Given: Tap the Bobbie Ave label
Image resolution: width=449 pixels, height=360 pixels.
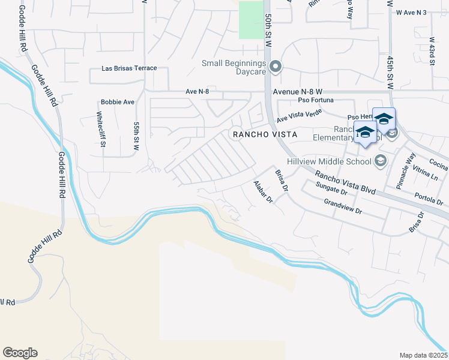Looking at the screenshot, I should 118,102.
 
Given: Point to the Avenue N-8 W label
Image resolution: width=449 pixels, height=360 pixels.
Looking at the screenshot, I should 299,92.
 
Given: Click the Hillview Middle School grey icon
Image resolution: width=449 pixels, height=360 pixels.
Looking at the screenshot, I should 380,160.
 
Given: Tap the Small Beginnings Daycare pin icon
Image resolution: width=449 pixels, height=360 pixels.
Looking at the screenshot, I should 276,66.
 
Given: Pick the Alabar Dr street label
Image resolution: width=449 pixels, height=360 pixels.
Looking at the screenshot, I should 263,192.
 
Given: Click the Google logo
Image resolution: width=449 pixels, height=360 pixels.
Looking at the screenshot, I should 20,353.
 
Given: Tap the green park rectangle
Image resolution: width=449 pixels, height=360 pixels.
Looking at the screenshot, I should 251,20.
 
